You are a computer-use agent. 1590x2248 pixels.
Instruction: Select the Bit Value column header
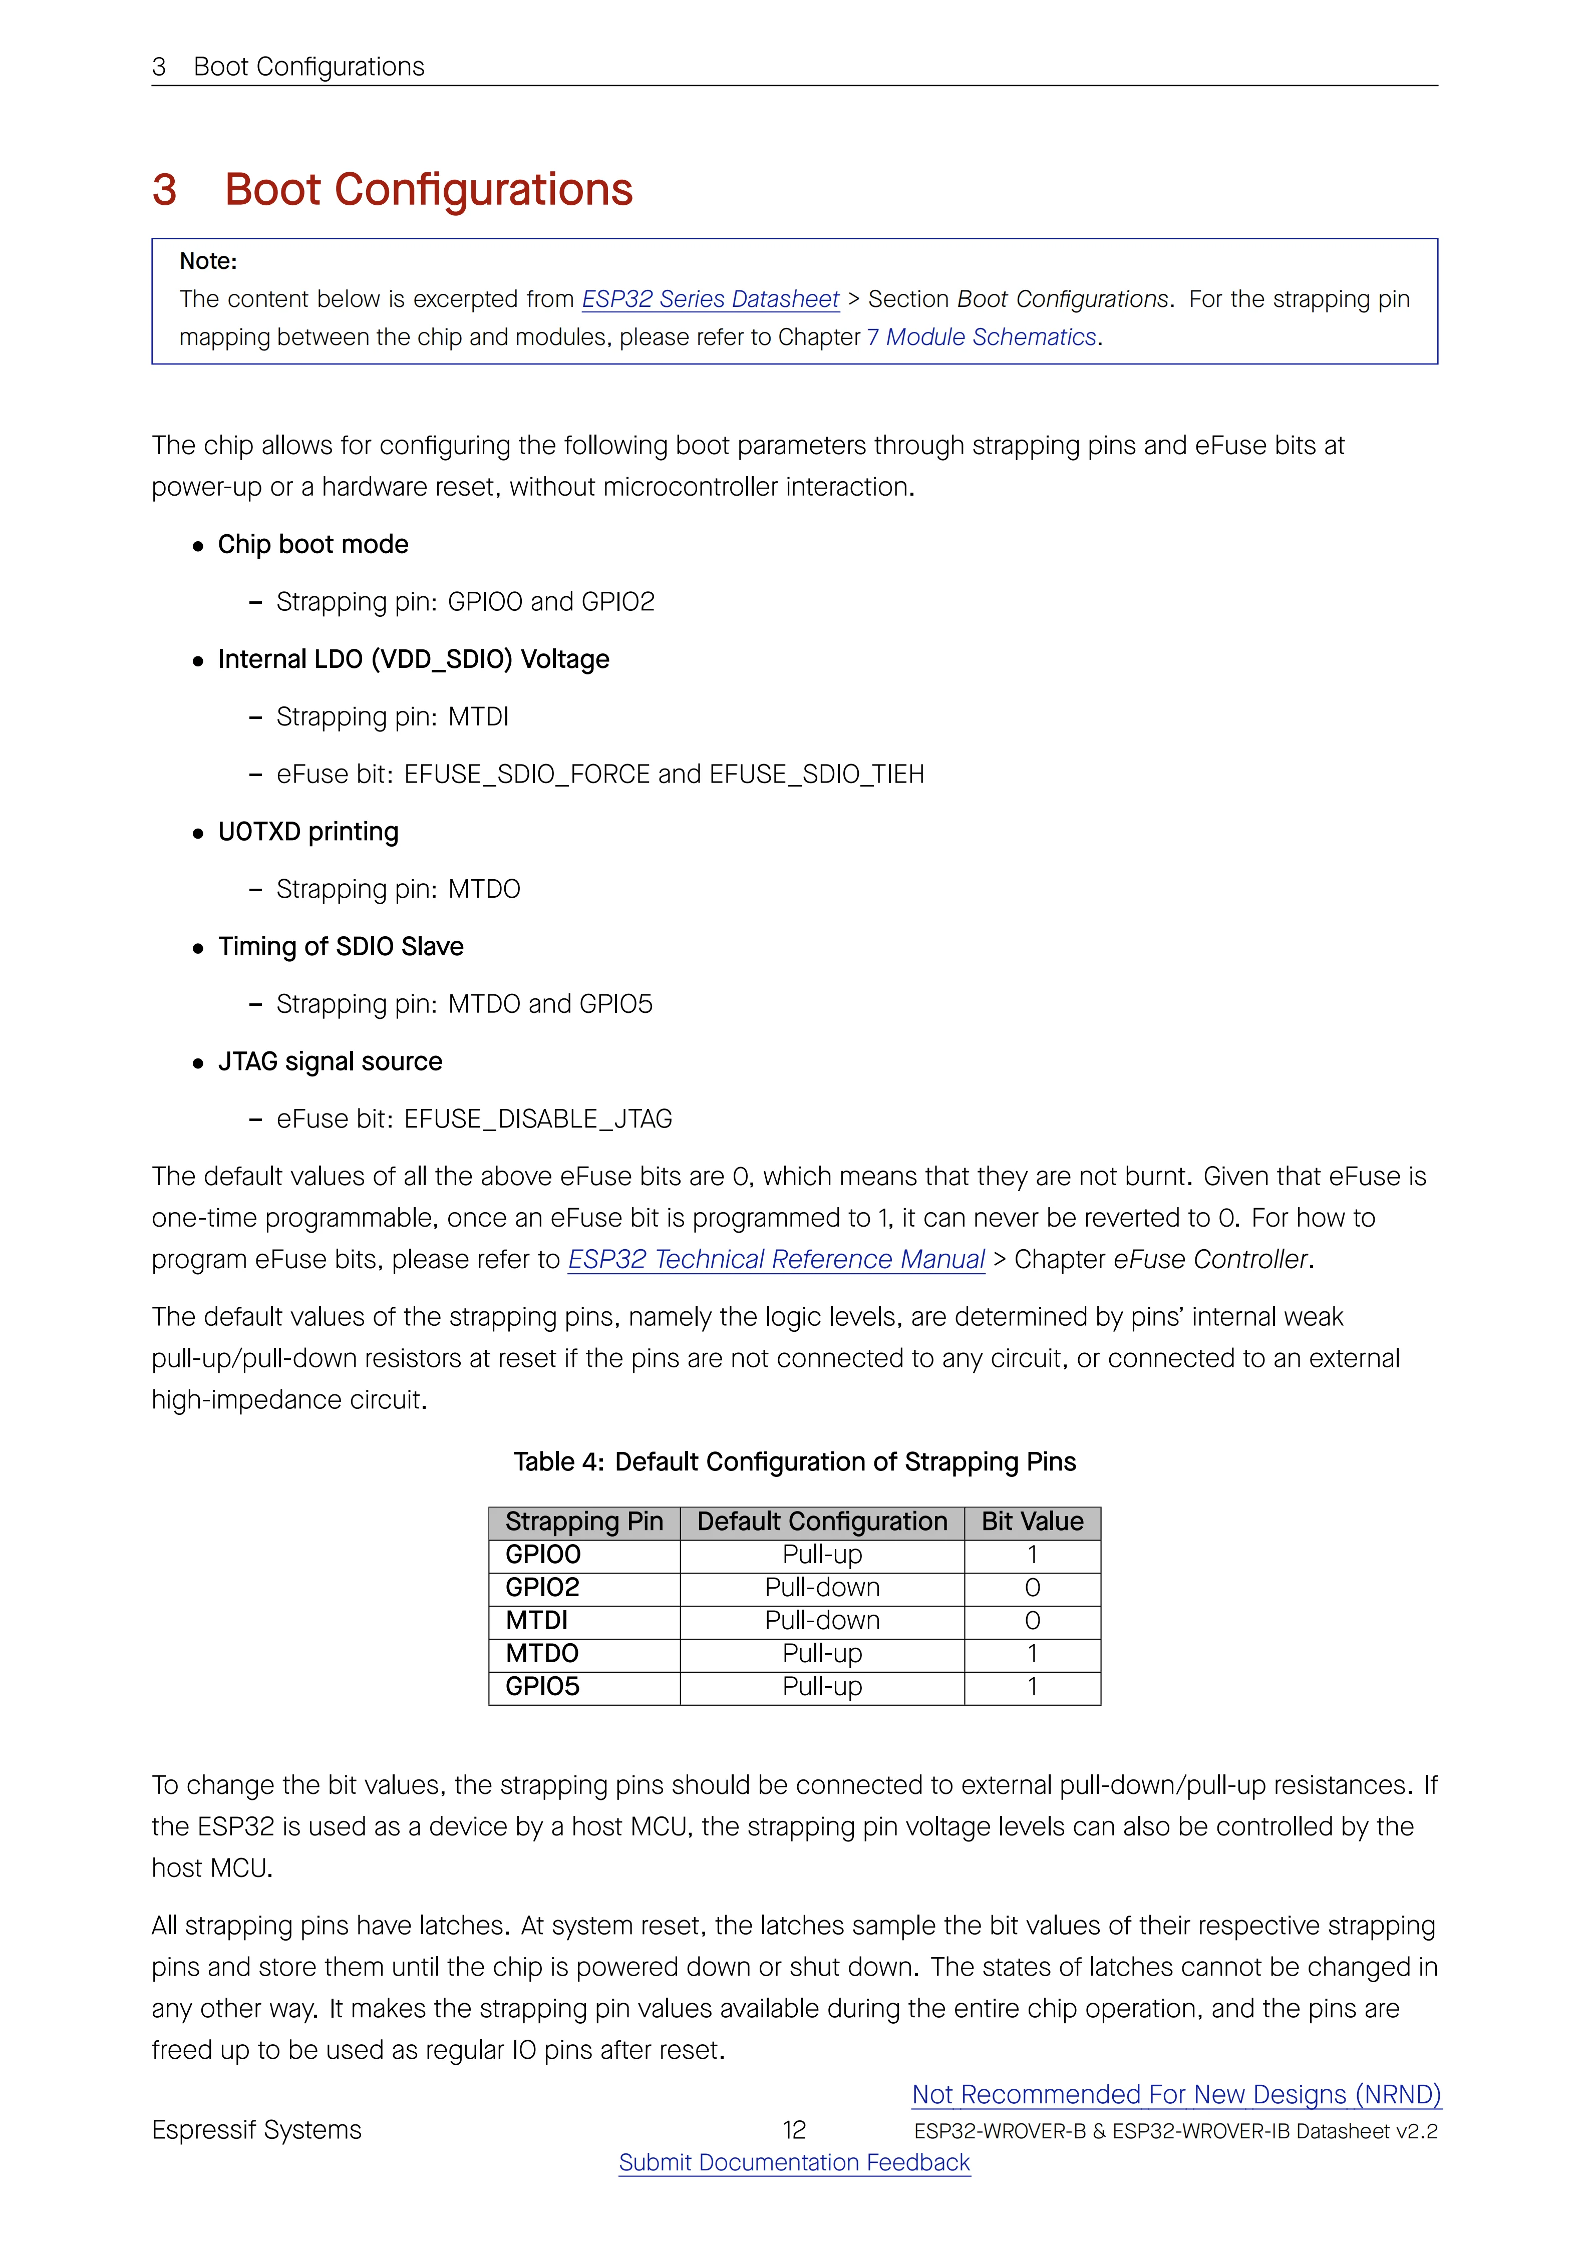[x=1032, y=1522]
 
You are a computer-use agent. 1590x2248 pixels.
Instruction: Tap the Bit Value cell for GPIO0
[x=1032, y=1555]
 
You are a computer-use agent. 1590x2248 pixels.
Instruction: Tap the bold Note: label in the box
[x=207, y=261]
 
